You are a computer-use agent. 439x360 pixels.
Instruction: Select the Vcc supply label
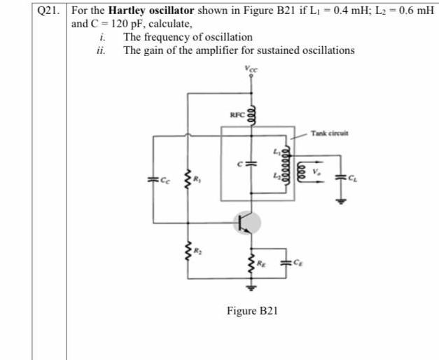(x=250, y=68)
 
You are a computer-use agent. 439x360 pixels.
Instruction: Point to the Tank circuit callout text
(x=330, y=133)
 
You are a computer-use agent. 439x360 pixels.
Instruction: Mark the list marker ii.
(x=102, y=50)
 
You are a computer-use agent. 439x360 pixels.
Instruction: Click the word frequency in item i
(x=164, y=36)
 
